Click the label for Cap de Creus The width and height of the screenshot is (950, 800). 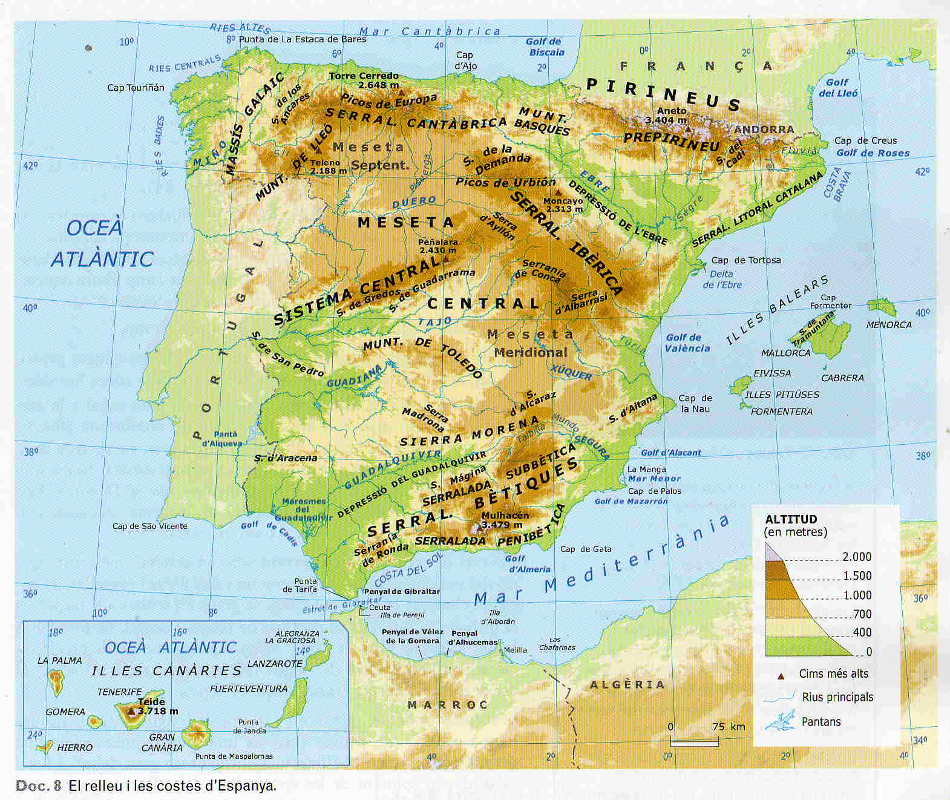pyautogui.click(x=865, y=140)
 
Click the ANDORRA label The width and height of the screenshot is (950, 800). pyautogui.click(x=764, y=130)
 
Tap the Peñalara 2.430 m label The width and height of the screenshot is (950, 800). pyautogui.click(x=438, y=246)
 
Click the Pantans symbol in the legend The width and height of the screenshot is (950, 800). pyautogui.click(x=780, y=721)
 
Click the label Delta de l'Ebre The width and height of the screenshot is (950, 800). pyautogui.click(x=722, y=279)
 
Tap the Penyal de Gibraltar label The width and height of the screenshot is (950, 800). pyautogui.click(x=402, y=591)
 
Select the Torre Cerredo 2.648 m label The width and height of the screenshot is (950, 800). pyautogui.click(x=364, y=80)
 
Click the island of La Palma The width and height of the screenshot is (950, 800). pyautogui.click(x=57, y=682)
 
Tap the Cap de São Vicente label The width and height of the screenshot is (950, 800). pyautogui.click(x=149, y=526)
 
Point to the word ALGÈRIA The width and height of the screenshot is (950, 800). pyautogui.click(x=627, y=684)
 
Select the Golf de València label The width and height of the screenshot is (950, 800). pyautogui.click(x=687, y=343)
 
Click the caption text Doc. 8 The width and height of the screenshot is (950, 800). pyautogui.click(x=38, y=786)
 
